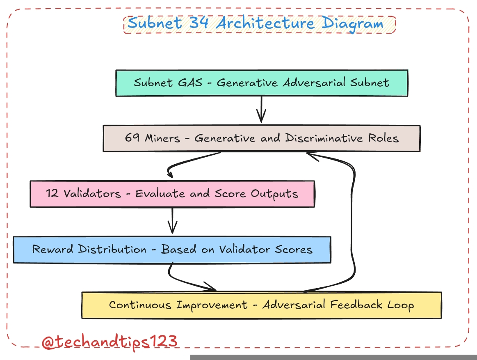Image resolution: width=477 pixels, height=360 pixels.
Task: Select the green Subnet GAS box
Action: pos(261,83)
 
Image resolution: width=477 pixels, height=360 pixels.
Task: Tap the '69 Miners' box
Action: pos(261,138)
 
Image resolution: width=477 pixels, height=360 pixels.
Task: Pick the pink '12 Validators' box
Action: pos(172,193)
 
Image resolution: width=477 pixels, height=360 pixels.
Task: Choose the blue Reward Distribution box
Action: pos(172,249)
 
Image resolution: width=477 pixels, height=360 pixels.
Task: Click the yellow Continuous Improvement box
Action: pos(261,305)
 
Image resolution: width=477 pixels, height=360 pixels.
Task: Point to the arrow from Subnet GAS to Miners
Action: pos(261,110)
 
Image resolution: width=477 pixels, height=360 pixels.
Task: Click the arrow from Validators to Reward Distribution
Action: pos(173,221)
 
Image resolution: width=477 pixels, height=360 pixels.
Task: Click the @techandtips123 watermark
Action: pos(110,342)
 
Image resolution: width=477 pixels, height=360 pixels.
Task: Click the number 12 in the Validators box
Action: pos(52,193)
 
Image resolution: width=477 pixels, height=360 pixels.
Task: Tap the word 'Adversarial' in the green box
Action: pos(314,83)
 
